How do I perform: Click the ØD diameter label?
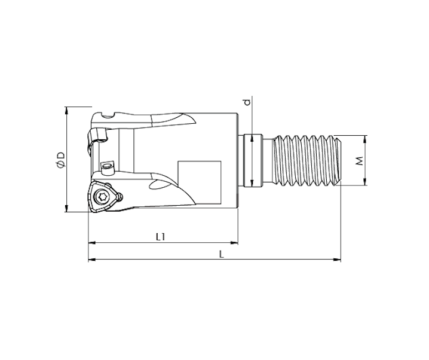click(59, 160)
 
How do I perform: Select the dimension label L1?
click(160, 237)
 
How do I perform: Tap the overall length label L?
click(221, 254)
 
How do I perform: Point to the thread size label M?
click(359, 161)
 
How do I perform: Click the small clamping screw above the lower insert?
click(108, 164)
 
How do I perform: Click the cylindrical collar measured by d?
click(253, 161)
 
